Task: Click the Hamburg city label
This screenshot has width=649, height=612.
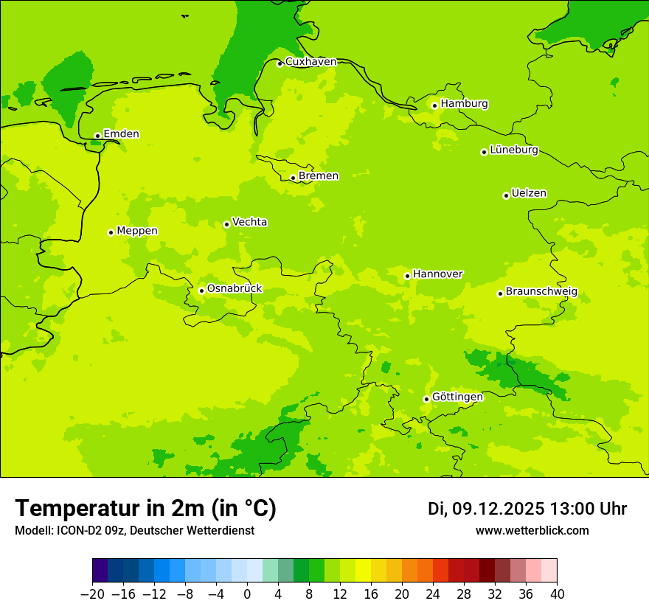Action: point(464,104)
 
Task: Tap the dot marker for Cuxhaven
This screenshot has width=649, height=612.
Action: point(280,63)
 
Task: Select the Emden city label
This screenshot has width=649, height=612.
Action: point(121,134)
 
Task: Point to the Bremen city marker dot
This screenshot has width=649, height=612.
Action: point(293,178)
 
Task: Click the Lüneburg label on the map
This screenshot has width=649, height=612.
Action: point(514,150)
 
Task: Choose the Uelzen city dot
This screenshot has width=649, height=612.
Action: point(506,195)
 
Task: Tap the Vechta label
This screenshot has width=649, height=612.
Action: point(249,222)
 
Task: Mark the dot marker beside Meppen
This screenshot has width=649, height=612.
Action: point(111,232)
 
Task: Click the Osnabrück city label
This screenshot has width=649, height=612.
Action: point(235,289)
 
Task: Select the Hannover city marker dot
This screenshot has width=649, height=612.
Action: point(407,277)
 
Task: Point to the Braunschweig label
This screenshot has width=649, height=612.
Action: point(541,292)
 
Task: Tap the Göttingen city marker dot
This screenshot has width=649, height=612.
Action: point(426,399)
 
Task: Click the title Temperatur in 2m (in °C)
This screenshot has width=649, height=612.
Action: point(145,509)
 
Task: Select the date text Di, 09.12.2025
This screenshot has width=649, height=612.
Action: point(486,509)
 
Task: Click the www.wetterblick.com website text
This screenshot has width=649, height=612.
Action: point(532,531)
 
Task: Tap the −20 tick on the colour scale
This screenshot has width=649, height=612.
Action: point(92,594)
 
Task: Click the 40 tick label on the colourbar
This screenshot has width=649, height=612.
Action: point(557,594)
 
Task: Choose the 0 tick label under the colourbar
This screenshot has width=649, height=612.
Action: point(247,594)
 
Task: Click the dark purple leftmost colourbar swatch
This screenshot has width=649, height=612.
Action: point(100,571)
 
